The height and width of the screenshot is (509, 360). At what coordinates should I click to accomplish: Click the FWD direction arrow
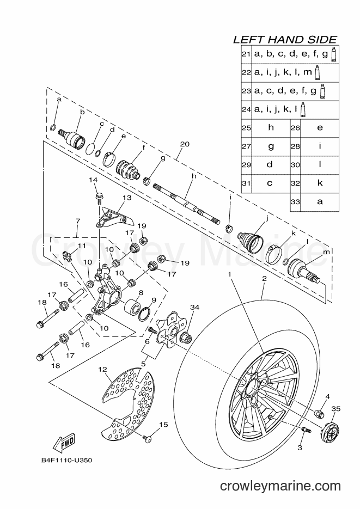pos(64,443)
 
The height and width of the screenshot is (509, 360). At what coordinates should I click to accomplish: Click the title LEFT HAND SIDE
pos(285,40)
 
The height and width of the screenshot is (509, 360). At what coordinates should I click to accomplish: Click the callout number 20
pos(185,144)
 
